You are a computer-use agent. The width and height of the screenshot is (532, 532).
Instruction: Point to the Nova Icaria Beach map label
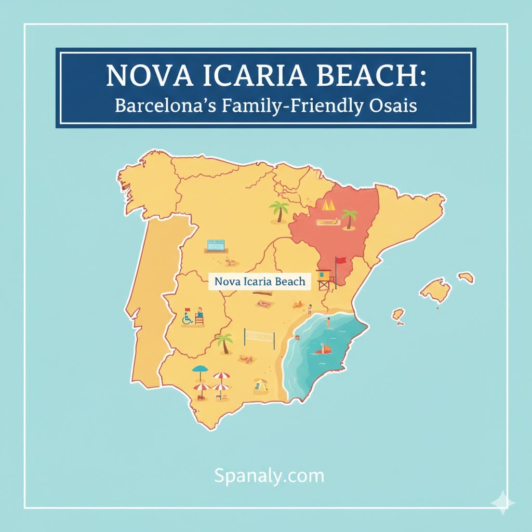(x=259, y=282)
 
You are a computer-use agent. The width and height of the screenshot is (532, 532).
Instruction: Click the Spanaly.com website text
(x=269, y=475)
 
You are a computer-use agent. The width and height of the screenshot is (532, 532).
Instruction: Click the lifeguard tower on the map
(x=324, y=280)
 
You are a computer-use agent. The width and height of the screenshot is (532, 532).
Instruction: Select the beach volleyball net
(x=259, y=338)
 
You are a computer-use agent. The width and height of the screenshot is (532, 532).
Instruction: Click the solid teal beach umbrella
(x=200, y=372)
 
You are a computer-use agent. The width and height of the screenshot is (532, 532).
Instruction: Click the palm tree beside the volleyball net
(x=224, y=342)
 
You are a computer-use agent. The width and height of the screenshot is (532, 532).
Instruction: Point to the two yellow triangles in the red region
(x=328, y=205)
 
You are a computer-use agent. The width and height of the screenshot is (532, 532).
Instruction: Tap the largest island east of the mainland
(x=435, y=289)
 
